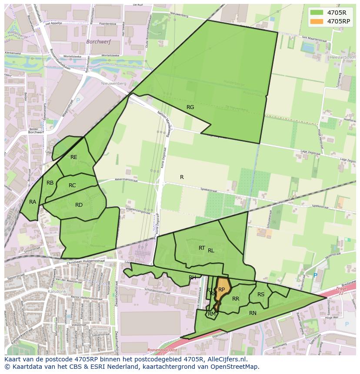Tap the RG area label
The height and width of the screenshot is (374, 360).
[190, 107]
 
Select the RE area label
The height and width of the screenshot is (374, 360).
[74, 157]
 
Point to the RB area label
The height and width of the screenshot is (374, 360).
[50, 183]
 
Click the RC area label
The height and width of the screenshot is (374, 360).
[72, 185]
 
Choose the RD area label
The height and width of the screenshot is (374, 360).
[79, 205]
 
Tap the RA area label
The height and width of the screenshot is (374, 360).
[33, 202]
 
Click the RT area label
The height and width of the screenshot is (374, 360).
[202, 248]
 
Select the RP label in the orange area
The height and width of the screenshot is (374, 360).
[221, 290]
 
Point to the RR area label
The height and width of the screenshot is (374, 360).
[236, 299]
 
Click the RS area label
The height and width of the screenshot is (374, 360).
[261, 295]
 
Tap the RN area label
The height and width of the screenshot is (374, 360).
[253, 313]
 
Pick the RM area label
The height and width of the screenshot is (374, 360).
[212, 314]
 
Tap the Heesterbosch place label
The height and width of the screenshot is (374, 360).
[343, 57]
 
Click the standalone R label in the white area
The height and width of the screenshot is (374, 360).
[182, 177]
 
